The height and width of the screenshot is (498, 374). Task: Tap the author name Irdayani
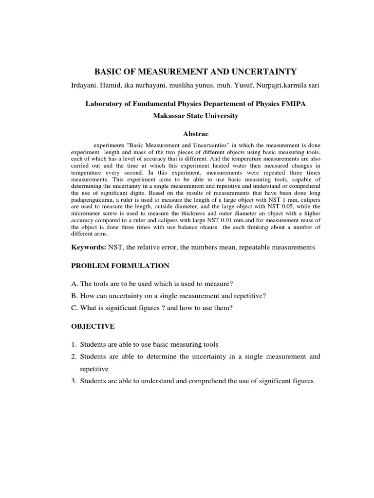pos(85,86)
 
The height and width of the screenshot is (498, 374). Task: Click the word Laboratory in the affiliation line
pos(105,104)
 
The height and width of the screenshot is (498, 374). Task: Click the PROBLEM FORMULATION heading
pos(120,266)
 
